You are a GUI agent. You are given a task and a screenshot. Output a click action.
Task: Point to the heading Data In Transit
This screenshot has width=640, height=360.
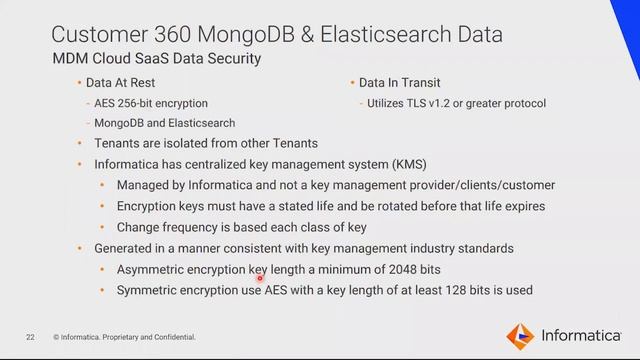point(400,83)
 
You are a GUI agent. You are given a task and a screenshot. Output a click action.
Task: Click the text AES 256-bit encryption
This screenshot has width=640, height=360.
point(151,103)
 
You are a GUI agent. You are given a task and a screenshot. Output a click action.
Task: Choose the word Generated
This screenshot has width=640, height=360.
point(128,247)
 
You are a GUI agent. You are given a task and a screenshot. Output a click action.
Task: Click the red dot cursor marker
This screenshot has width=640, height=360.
point(259,280)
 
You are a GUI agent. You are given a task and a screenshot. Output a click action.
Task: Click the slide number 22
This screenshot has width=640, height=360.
point(31,336)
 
